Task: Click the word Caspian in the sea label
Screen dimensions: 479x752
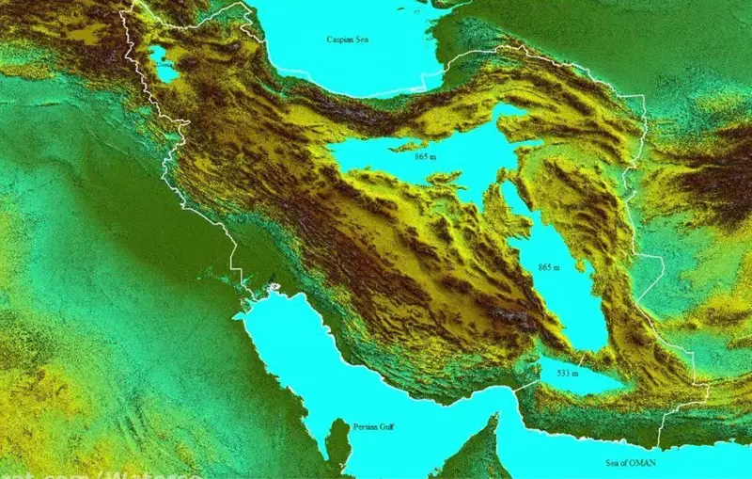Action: point(337,40)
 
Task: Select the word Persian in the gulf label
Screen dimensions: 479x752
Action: point(365,426)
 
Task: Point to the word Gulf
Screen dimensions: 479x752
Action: point(387,426)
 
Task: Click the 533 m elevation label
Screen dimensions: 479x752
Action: point(568,374)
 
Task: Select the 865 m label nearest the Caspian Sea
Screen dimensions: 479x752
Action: point(425,157)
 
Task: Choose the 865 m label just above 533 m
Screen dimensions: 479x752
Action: point(548,268)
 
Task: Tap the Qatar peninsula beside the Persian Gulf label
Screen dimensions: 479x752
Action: point(338,442)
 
